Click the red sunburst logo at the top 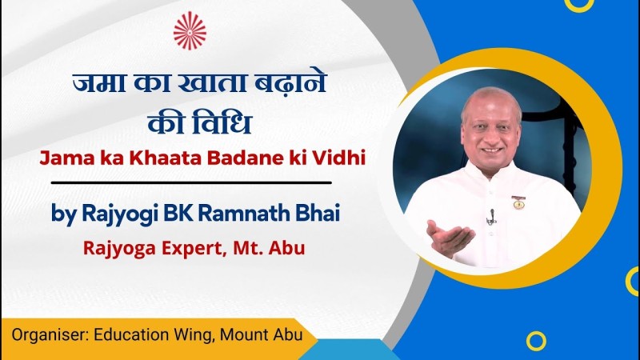190,30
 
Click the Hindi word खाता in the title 212,83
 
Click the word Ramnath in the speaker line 241,213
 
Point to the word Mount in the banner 242,334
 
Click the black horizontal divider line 191,183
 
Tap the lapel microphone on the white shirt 491,217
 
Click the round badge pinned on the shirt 518,202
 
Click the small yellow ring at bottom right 536,341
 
